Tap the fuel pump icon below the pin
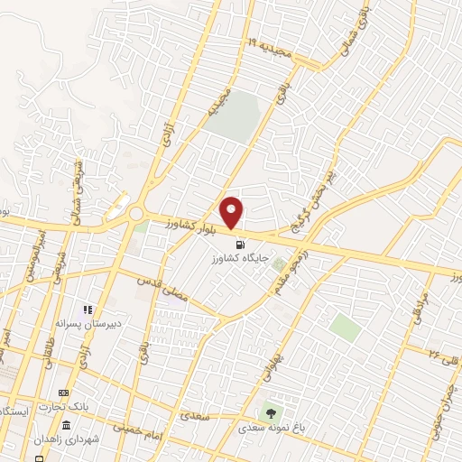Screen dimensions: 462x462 pyautogui.click(x=238, y=244)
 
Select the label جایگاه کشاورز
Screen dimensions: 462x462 pyautogui.click(x=238, y=260)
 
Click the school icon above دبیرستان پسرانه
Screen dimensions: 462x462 pyautogui.click(x=88, y=310)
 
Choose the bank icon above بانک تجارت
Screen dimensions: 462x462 pyautogui.click(x=63, y=393)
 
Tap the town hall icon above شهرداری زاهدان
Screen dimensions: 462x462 pyautogui.click(x=66, y=424)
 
